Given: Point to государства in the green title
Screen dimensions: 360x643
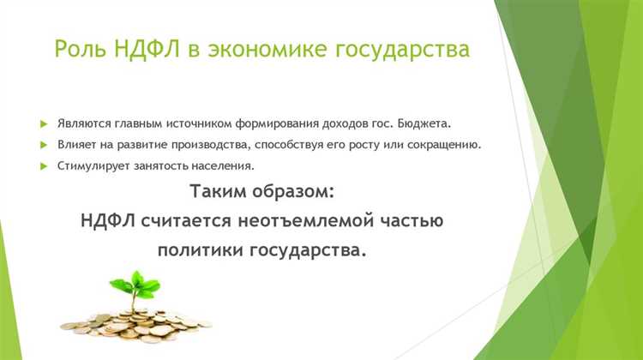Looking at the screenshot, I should click(x=404, y=49).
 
